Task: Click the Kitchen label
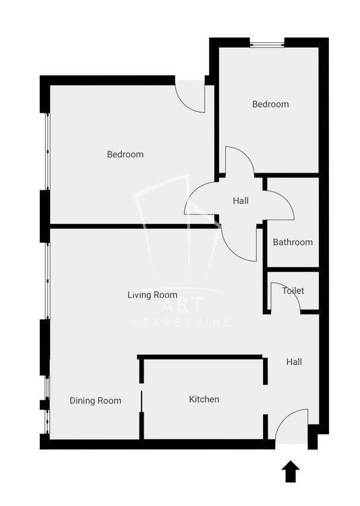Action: [x=204, y=399]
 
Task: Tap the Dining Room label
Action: [x=96, y=401]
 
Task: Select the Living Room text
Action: [x=152, y=295]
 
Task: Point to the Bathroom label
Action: [x=293, y=242]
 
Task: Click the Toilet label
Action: [x=293, y=290]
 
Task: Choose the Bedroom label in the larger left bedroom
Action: [x=125, y=154]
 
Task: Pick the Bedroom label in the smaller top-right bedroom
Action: [x=270, y=104]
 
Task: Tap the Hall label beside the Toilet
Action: [x=294, y=362]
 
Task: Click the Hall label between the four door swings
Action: [x=241, y=201]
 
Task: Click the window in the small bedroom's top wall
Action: [x=267, y=43]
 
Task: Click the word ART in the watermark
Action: [x=183, y=305]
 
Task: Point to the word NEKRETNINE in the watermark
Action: [x=181, y=322]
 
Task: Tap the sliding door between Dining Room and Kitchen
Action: [x=142, y=401]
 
